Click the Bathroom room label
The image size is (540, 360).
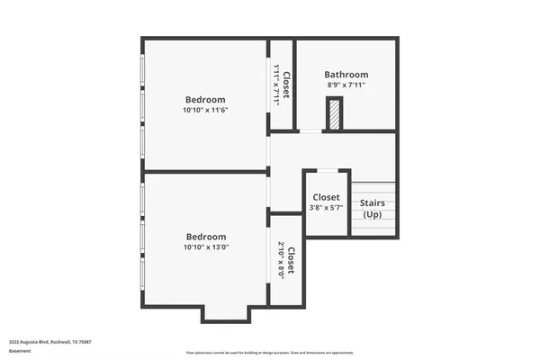[346, 75]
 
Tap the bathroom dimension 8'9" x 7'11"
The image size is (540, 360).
[346, 85]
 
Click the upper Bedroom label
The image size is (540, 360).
[205, 100]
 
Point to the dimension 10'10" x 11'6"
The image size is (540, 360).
[205, 111]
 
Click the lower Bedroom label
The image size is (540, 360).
[205, 237]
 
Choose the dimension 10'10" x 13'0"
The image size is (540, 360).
[205, 247]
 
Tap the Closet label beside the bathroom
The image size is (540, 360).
[285, 85]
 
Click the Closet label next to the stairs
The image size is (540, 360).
[326, 198]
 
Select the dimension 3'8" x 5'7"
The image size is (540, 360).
[326, 208]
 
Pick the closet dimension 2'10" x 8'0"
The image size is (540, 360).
[281, 260]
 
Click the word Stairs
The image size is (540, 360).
[373, 203]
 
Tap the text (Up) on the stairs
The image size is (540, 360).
[373, 214]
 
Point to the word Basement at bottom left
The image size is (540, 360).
[19, 352]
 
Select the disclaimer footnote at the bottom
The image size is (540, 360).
[269, 352]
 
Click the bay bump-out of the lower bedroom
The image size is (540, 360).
[228, 312]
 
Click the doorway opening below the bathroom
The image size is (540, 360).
[310, 132]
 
